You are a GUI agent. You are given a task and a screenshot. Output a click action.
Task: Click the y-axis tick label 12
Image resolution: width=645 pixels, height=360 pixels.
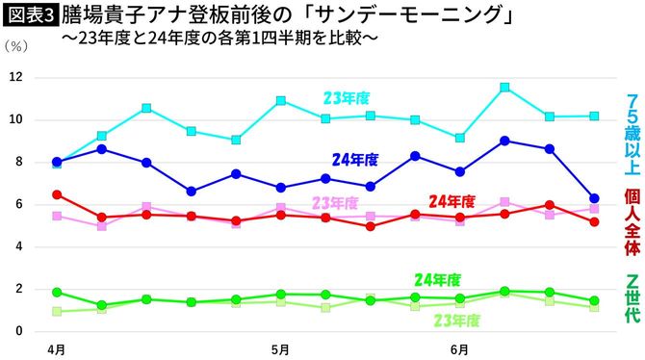point(14,78)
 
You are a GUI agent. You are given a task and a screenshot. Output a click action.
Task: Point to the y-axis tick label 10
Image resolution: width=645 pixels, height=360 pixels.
point(14,120)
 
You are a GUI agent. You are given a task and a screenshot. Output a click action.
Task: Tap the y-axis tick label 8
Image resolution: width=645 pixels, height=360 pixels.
point(16,162)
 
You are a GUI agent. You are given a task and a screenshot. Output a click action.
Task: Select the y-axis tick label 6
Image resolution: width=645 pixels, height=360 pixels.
point(16,204)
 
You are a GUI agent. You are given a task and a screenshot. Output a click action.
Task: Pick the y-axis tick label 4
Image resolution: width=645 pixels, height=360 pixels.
point(16,246)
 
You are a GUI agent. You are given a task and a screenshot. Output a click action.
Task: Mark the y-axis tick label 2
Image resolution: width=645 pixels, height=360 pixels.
point(16,289)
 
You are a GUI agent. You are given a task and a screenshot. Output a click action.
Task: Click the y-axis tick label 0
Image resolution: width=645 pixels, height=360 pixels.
point(16,331)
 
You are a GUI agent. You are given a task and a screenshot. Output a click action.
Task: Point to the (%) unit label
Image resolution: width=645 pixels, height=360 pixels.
point(18,46)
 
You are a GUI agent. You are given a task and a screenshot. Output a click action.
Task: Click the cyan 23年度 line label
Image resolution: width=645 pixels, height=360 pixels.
point(347,97)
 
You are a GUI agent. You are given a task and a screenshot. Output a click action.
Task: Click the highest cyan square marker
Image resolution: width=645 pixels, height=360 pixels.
point(505,88)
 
